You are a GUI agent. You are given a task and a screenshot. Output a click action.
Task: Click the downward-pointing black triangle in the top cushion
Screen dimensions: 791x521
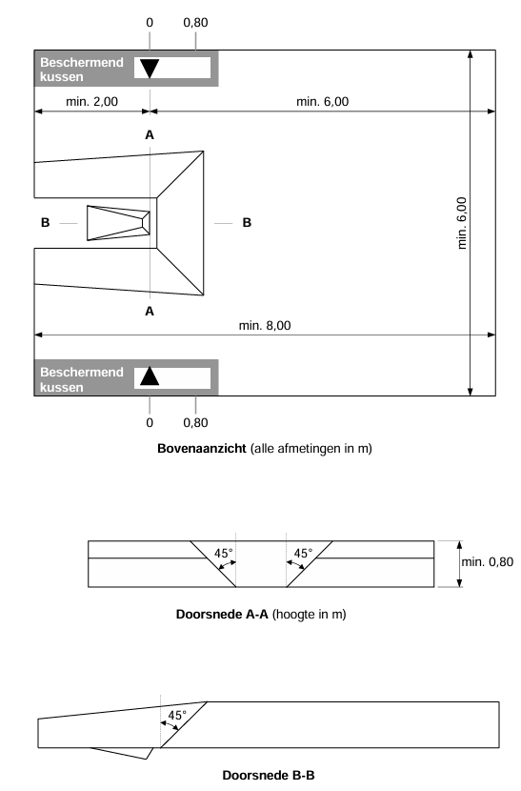150,68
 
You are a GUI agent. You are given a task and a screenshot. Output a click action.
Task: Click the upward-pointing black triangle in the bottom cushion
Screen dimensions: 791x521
149,375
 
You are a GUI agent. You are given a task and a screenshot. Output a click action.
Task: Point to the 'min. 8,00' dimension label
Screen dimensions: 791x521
265,325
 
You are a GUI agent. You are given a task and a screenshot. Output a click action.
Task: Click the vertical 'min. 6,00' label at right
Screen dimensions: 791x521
462,223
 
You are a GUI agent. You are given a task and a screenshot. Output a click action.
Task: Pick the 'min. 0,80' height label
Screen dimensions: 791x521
487,561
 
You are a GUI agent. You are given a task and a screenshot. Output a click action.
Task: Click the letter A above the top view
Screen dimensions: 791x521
150,135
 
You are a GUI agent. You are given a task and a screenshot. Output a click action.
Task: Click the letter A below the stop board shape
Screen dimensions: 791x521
150,311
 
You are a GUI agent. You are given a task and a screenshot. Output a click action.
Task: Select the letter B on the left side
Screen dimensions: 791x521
45,223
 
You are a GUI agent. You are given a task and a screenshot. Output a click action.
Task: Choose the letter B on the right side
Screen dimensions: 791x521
247,223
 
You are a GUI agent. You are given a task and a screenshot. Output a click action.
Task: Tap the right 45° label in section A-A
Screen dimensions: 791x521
303,553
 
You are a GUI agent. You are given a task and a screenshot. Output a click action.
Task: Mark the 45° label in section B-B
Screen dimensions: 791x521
177,715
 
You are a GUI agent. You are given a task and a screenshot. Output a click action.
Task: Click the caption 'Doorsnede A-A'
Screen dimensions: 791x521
223,615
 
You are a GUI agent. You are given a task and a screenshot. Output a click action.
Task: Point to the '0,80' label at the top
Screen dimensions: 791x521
195,21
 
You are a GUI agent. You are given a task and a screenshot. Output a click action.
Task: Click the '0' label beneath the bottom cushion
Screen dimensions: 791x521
150,421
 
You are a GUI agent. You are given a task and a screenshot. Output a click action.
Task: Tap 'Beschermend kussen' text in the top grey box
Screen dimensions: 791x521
82,69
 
